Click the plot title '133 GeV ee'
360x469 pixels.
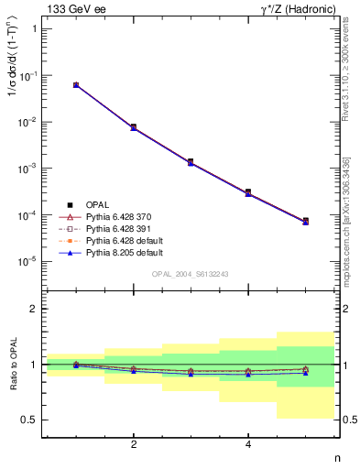(x=76, y=8)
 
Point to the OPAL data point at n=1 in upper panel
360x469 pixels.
(x=76, y=85)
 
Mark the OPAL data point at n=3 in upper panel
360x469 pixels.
(x=191, y=162)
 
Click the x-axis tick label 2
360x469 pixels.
(x=134, y=444)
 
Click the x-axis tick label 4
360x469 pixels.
(x=248, y=444)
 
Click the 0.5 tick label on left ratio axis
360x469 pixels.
(x=30, y=420)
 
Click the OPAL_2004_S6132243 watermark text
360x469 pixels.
(x=191, y=275)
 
